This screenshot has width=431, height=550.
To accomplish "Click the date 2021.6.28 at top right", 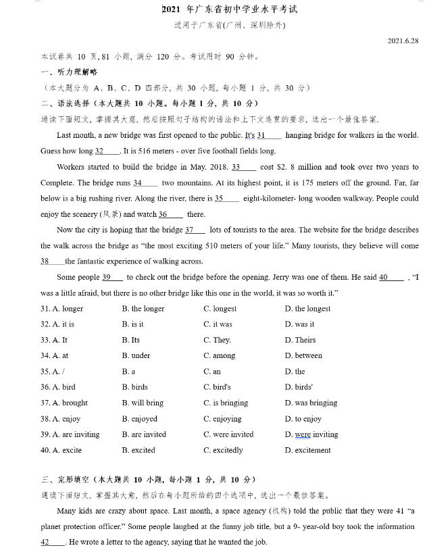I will pyautogui.click(x=403, y=41).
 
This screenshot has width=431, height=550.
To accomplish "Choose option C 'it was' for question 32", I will pyautogui.click(x=218, y=324).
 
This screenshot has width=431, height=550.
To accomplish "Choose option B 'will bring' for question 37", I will pyautogui.click(x=143, y=403).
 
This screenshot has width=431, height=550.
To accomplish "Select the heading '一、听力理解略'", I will pyautogui.click(x=70, y=72).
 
